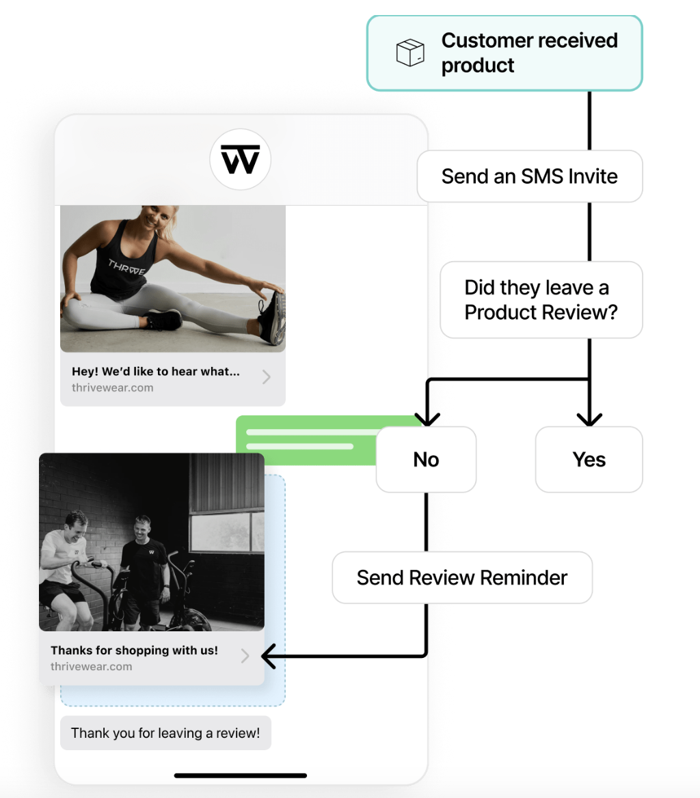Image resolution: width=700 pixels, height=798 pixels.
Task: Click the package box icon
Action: [410, 53]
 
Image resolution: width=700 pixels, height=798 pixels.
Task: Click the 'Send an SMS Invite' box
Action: [530, 176]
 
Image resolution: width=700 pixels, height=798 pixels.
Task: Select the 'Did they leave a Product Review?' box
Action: [541, 300]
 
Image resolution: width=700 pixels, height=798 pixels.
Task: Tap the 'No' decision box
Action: [426, 460]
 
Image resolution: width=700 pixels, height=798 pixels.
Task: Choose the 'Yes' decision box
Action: [589, 460]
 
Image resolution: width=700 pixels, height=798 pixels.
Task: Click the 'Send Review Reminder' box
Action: [462, 577]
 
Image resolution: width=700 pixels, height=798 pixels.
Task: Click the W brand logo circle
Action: [241, 159]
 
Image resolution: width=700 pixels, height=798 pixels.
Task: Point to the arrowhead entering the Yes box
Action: [589, 419]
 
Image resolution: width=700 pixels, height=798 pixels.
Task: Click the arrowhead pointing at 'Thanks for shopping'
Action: [268, 656]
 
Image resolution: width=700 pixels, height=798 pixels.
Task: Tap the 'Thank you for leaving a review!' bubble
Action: [165, 733]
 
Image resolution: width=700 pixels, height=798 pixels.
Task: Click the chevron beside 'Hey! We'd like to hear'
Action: [266, 377]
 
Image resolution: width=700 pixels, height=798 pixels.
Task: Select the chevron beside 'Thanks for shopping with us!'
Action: [245, 656]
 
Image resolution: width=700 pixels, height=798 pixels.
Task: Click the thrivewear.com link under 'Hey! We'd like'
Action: [113, 388]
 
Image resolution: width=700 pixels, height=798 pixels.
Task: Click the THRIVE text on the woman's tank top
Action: [126, 266]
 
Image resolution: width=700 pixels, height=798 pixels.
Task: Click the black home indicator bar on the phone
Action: [241, 775]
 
